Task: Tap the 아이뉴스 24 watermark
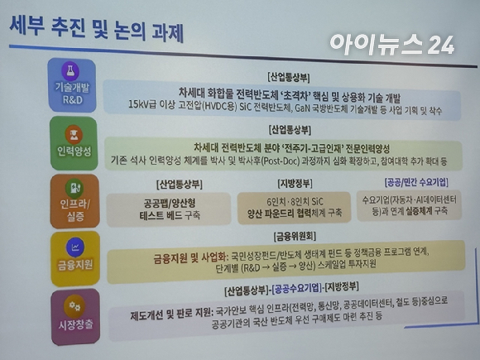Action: pos(391,43)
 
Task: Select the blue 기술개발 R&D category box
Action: pos(73,86)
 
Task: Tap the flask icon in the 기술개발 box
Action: pos(73,73)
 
